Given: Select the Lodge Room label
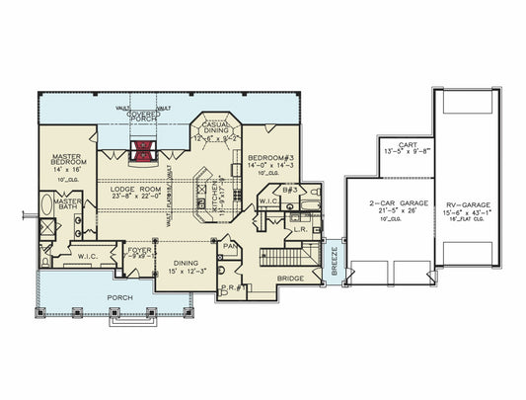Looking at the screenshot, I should pos(135,188).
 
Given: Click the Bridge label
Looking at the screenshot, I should pos(290,279).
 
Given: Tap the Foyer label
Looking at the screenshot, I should pos(140,251).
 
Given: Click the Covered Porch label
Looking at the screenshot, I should pos(144,118).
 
